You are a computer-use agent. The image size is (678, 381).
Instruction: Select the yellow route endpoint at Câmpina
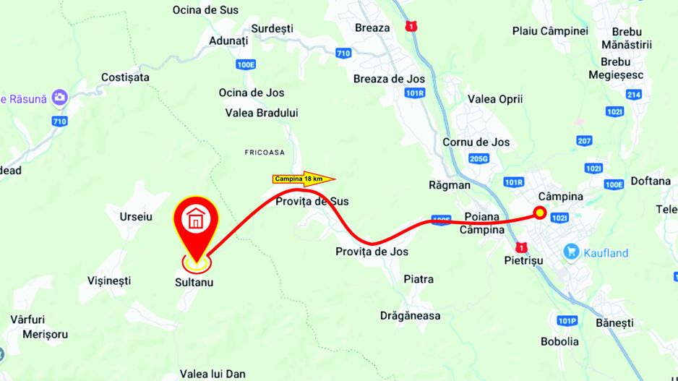coord(540,212)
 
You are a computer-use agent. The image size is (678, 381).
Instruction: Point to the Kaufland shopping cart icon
coord(572,252)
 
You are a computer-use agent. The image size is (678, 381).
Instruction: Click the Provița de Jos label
coord(372,252)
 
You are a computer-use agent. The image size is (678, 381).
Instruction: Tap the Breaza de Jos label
coord(389,79)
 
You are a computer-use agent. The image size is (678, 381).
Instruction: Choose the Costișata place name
coord(125,77)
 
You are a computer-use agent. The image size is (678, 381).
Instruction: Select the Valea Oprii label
coord(495,99)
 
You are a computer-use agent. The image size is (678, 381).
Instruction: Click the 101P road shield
coord(567,320)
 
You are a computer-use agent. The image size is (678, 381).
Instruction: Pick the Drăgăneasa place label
coord(411,315)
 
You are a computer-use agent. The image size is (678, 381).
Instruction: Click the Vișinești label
coord(108,280)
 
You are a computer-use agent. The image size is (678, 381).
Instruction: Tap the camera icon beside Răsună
coord(60,98)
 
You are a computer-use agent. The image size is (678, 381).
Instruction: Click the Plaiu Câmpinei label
coord(550,31)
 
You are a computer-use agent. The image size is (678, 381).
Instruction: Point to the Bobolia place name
coord(559,341)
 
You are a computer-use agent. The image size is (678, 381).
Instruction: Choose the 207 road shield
coord(585,140)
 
